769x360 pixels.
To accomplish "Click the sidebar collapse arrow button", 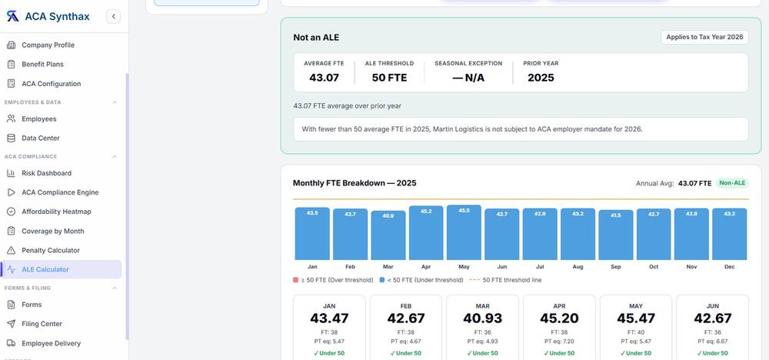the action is tap(113, 17).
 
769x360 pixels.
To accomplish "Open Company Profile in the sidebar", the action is tap(48, 45).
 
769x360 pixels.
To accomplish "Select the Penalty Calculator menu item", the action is tap(51, 250).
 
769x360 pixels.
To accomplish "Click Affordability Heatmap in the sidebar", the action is tap(56, 212).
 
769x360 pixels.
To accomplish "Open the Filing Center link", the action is tap(42, 324).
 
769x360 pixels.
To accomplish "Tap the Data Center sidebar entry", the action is tap(41, 138).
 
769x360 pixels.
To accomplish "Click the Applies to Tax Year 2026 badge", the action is tap(704, 37).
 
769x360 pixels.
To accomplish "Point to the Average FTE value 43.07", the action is tap(324, 78).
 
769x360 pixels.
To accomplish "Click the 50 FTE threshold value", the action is tap(389, 78).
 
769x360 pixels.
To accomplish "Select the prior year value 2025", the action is tap(541, 78).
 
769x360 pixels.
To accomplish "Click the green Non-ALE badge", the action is tap(732, 183).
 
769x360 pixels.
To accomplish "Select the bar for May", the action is tap(464, 232).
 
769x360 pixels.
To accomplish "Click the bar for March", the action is tap(388, 235).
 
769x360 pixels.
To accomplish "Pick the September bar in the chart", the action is tap(616, 235).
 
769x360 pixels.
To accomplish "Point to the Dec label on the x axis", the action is tap(729, 267).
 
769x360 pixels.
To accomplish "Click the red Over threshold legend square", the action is tap(295, 280).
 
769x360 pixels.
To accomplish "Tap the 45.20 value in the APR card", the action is tap(559, 318).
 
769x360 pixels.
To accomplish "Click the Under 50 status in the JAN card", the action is tap(329, 353).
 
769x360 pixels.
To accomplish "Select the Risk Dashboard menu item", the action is tap(47, 173).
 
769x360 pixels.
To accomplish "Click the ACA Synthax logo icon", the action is tap(12, 17).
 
